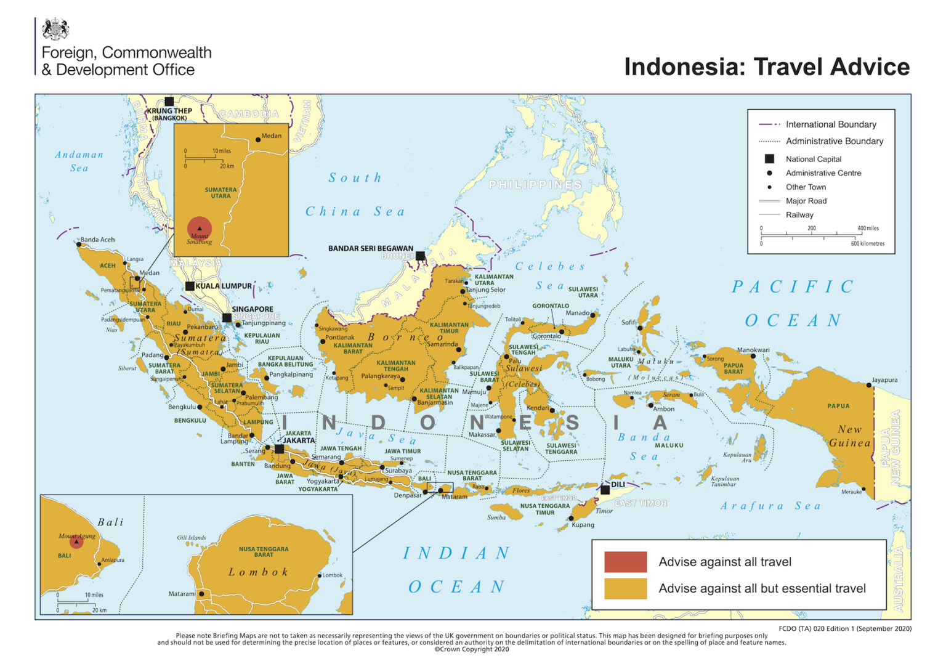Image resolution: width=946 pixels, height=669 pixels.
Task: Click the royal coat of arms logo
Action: pos(55,29)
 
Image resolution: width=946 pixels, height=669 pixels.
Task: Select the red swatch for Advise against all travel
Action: pos(625,562)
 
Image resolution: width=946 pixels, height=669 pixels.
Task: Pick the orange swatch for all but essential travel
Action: pos(625,588)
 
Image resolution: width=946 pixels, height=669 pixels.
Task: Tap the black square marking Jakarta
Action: pos(279,449)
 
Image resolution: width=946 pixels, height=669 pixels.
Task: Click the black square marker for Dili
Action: pos(605,490)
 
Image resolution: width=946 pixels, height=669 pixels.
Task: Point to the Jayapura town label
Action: pos(884,380)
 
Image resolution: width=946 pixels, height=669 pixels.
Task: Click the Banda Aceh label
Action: pos(97,240)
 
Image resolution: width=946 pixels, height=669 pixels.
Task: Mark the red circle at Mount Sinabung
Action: pos(200,229)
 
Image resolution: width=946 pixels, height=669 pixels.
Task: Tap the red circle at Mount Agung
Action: pos(76,541)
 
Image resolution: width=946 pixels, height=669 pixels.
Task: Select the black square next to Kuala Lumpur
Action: pos(190,286)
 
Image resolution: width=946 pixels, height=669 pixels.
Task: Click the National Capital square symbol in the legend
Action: pos(769,159)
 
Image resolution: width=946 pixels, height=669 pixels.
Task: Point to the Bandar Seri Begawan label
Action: pos(370,248)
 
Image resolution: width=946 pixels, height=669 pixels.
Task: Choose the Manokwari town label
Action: pos(753,350)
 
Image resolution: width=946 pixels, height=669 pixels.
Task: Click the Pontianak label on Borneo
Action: pos(339,338)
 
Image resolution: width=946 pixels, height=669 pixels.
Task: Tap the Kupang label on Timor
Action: pos(583,525)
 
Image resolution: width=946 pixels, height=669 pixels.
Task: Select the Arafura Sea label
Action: pos(770,506)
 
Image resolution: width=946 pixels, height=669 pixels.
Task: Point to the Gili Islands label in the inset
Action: pos(192,538)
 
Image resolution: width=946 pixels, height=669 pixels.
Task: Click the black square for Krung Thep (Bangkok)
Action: pos(169,102)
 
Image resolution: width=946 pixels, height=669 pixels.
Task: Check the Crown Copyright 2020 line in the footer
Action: pos(472,649)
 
